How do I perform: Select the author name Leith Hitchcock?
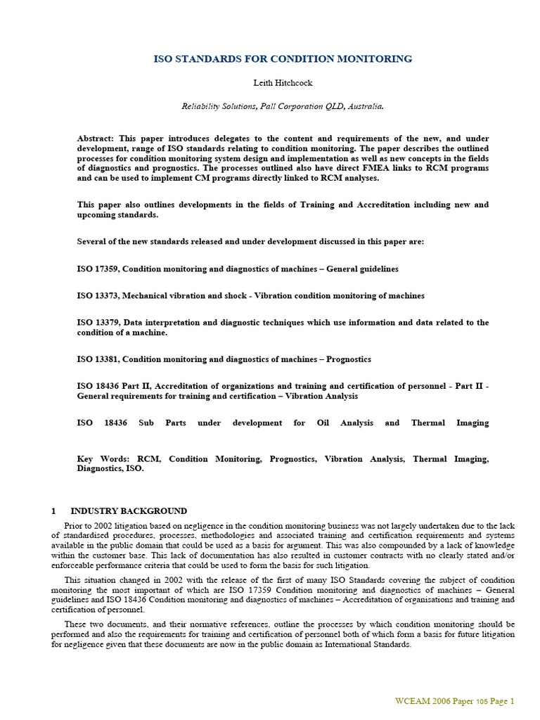(283, 83)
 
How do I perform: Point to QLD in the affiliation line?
(325, 106)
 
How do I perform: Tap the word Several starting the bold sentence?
(93, 241)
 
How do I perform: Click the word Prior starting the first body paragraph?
(74, 525)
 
